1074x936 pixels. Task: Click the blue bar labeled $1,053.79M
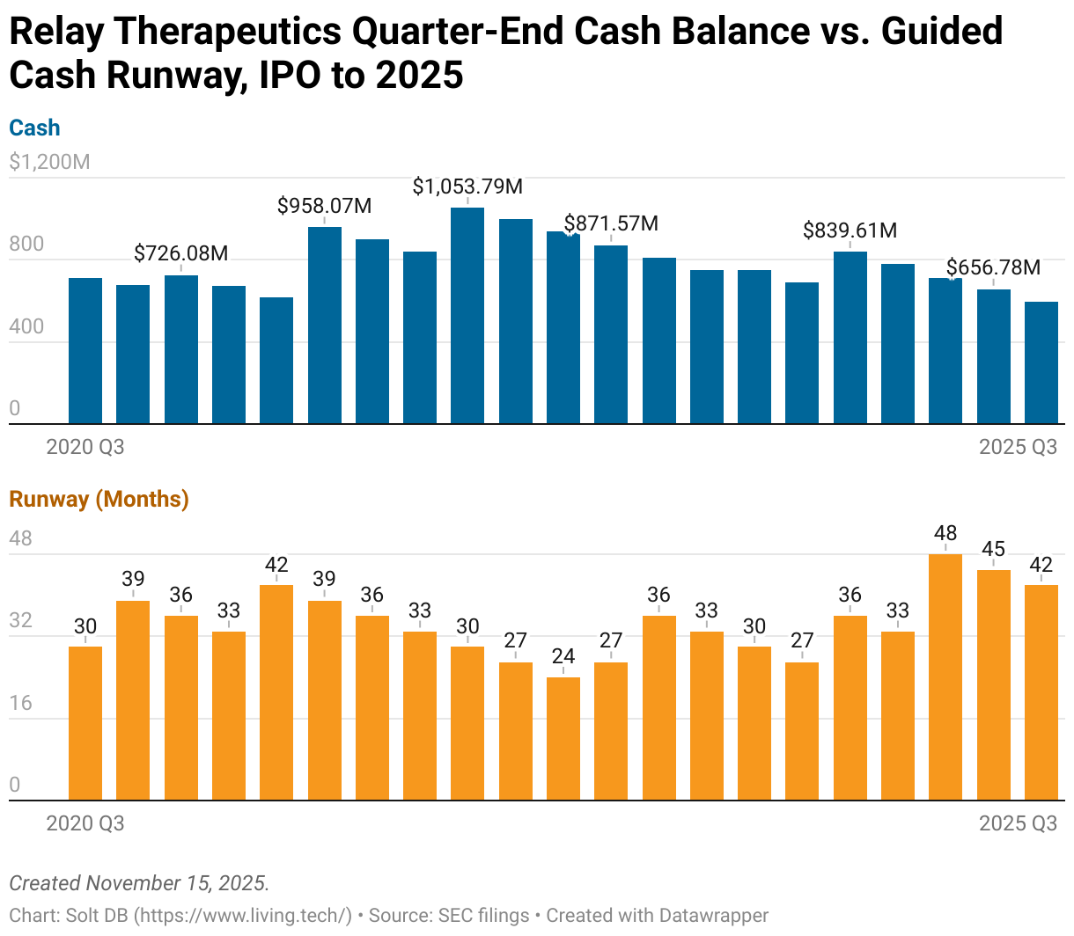click(467, 317)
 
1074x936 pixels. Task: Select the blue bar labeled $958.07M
click(324, 325)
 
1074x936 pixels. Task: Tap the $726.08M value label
click(180, 253)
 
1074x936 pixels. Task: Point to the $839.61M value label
click(850, 230)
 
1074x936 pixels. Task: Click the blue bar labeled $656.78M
click(993, 356)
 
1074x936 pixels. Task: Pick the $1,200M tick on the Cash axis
click(49, 162)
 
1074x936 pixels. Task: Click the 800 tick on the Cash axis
click(26, 244)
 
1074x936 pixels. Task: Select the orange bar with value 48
click(945, 677)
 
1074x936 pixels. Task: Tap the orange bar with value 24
click(563, 739)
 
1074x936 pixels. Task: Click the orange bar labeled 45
click(993, 686)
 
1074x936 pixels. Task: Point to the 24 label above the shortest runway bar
click(563, 656)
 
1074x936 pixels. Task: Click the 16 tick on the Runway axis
click(21, 703)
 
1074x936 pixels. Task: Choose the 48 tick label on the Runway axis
click(21, 538)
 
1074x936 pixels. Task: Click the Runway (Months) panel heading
click(99, 499)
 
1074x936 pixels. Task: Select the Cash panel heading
click(34, 128)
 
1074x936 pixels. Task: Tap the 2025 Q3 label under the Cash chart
click(1018, 447)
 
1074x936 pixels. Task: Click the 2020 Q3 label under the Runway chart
click(85, 823)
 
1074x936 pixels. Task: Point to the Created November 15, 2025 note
click(139, 883)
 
